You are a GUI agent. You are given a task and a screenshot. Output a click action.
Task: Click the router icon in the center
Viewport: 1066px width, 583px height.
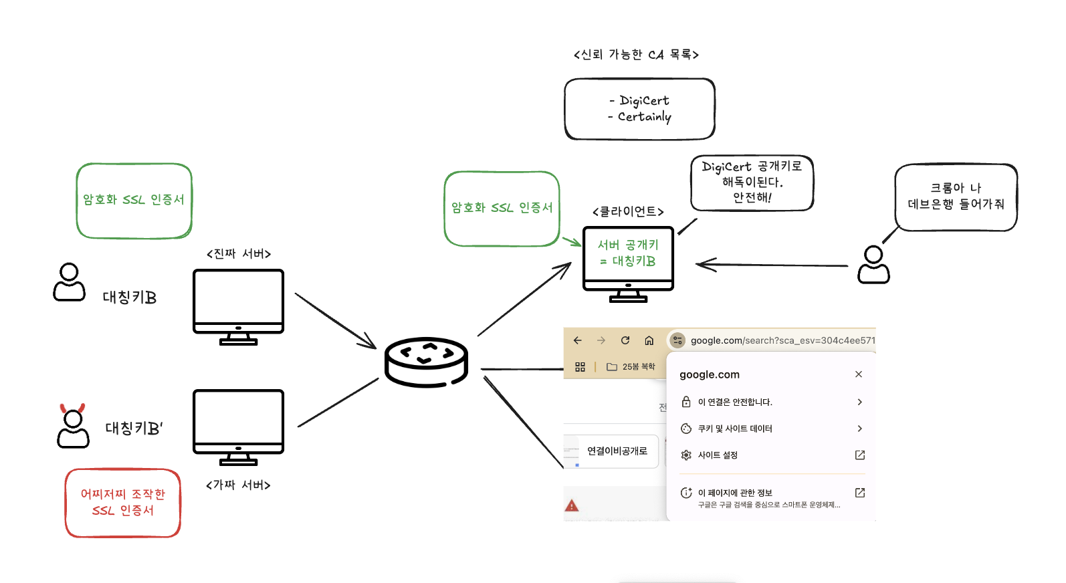(x=426, y=362)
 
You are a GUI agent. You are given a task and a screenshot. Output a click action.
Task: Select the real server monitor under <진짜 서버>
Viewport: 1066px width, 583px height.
(x=238, y=301)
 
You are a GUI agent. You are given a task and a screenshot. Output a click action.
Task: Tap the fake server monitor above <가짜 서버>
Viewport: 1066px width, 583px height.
(x=238, y=421)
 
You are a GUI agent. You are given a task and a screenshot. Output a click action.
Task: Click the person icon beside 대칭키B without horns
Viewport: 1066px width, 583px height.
(x=70, y=282)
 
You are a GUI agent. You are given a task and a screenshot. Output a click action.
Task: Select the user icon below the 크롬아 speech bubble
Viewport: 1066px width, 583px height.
(x=873, y=265)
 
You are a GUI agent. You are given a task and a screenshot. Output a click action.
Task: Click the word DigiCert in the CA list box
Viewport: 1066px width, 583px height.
(x=644, y=100)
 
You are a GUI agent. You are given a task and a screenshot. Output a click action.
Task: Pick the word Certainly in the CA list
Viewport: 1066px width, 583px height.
(x=644, y=117)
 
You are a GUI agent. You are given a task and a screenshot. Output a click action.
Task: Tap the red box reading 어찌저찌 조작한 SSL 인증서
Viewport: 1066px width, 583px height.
(x=123, y=503)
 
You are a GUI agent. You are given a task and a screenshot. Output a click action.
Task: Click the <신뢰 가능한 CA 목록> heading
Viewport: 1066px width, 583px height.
(x=636, y=55)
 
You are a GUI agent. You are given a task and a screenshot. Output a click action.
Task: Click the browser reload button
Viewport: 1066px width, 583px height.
(x=625, y=340)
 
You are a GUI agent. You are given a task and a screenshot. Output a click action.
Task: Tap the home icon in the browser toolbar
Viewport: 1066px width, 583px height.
(x=649, y=340)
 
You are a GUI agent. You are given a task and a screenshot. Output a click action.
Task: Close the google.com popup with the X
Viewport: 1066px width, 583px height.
(x=859, y=374)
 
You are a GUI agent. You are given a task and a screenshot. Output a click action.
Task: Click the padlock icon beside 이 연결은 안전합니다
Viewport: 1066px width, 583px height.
(x=685, y=402)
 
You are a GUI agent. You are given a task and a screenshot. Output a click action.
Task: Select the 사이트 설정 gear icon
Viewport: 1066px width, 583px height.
(x=685, y=455)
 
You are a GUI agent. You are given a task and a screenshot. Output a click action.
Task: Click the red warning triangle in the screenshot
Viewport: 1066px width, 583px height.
(x=572, y=506)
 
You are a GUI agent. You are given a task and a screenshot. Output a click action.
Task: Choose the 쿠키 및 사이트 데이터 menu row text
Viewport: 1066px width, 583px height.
(x=735, y=429)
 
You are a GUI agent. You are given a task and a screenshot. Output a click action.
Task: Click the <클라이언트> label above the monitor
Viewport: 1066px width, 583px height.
(x=628, y=212)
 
